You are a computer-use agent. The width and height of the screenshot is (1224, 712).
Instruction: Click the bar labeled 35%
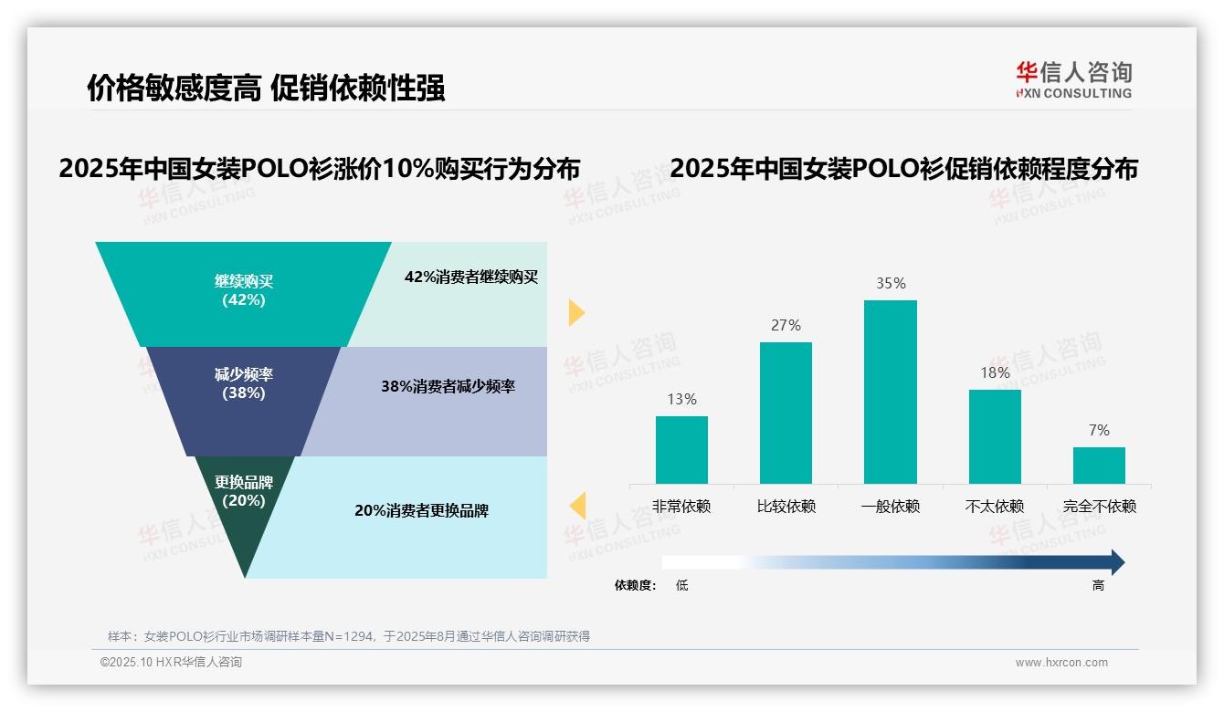(890, 392)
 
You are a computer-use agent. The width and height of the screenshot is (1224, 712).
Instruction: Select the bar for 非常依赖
(681, 449)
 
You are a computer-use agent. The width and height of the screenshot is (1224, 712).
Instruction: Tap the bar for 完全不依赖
(1099, 465)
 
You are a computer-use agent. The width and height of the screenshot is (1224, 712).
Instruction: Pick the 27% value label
(786, 325)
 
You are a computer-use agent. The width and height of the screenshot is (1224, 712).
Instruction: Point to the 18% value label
(995, 372)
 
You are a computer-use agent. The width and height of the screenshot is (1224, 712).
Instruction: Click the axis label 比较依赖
(786, 507)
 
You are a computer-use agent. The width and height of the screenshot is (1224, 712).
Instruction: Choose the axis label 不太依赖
(995, 507)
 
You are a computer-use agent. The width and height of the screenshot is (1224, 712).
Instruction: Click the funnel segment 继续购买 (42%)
(243, 292)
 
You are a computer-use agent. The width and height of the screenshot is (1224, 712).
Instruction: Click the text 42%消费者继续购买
(471, 277)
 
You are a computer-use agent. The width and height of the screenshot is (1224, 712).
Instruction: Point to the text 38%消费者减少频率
(448, 386)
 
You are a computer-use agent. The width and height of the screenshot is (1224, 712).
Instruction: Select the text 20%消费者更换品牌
(421, 510)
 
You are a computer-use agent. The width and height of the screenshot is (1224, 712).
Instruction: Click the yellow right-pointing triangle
(575, 312)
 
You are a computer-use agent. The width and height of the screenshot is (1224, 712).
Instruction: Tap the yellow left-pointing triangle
(577, 505)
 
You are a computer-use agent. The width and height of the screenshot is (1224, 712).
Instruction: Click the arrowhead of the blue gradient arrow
(1116, 562)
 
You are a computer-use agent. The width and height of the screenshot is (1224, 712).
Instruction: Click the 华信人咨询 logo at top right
(1073, 79)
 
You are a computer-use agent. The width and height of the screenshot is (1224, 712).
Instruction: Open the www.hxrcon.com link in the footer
(1061, 663)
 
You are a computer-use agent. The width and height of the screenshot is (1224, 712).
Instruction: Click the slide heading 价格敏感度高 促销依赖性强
(266, 89)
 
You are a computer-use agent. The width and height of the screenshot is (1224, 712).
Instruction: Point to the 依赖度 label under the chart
(635, 586)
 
